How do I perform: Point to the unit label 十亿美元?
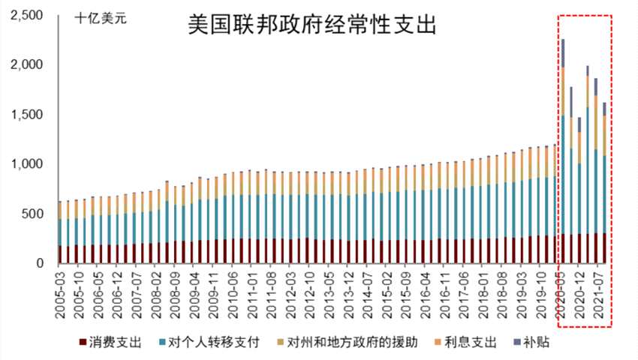(101, 18)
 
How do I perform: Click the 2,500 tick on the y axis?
(26, 16)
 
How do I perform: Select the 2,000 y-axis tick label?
(26, 65)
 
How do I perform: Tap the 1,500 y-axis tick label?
(26, 115)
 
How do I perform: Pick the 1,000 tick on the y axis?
(26, 164)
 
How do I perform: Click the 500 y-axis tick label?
(34, 214)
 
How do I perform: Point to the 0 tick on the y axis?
(42, 263)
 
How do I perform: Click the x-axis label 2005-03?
(60, 295)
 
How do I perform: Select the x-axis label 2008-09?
(173, 295)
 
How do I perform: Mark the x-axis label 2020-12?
(579, 295)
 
